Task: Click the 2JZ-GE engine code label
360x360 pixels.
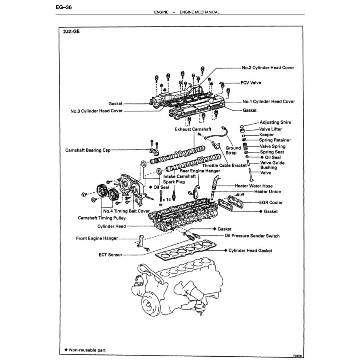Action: (72, 31)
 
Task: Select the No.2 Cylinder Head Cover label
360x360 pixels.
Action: (268, 68)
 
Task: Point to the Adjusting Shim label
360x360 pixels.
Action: (275, 122)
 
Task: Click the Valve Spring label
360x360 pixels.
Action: (272, 146)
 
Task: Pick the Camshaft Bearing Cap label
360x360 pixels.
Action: (88, 150)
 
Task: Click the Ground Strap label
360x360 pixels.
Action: (233, 151)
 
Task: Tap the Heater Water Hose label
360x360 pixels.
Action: (253, 185)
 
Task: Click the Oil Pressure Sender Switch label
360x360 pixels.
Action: (252, 236)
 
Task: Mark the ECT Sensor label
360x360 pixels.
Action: (110, 255)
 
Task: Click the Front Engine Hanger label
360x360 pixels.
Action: (98, 238)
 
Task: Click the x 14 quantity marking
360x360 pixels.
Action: (166, 200)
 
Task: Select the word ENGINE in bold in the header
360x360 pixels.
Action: (161, 12)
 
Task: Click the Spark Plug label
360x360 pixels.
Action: (174, 182)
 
